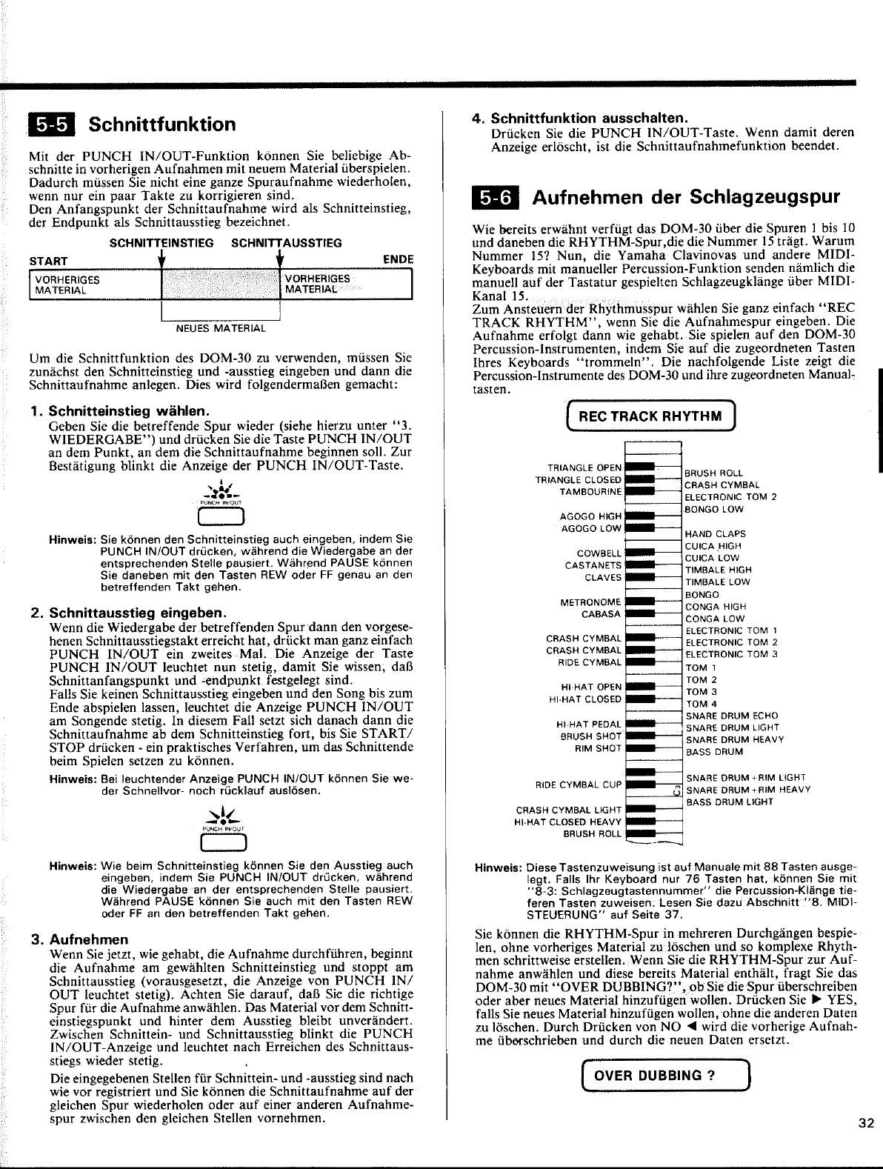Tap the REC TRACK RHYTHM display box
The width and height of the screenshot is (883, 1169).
650,416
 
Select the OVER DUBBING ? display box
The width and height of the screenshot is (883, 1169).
657,1076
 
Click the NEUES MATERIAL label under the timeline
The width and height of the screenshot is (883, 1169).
220,327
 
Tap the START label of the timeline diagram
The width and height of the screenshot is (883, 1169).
48,261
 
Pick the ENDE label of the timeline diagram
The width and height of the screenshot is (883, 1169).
398,260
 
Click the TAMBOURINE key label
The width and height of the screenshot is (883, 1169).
590,492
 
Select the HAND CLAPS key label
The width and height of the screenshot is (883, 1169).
715,533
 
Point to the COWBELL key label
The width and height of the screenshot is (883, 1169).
599,553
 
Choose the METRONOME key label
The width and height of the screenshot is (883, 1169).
590,602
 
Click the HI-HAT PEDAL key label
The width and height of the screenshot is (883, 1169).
588,724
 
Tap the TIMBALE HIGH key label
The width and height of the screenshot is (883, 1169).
718,570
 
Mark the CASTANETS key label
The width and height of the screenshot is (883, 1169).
593,565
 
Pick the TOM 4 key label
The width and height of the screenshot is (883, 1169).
702,704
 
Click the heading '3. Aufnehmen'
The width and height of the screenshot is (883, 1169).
77,939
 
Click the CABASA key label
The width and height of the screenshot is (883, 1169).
601,614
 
